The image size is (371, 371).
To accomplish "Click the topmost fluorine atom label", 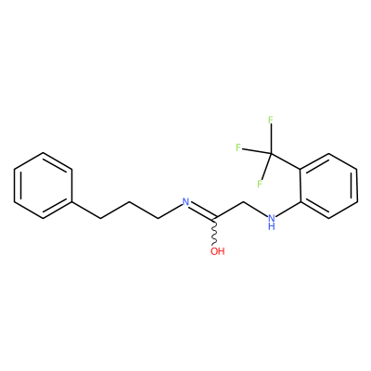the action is pyautogui.click(x=271, y=120).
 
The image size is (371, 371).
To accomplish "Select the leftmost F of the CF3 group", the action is pyautogui.click(x=238, y=147).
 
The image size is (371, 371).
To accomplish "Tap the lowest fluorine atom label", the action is pyautogui.click(x=260, y=185).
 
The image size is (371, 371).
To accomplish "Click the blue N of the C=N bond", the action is pyautogui.click(x=185, y=202).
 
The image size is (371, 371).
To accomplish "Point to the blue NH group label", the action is pyautogui.click(x=272, y=222).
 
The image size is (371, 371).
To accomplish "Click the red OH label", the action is pyautogui.click(x=218, y=251).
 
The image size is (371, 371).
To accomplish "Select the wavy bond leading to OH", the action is pyautogui.click(x=214, y=231).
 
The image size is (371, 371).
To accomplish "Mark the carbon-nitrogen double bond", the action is pyautogui.click(x=202, y=211).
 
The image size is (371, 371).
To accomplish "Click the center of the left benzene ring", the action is pyautogui.click(x=44, y=185).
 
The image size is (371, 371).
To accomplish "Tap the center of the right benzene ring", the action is pyautogui.click(x=328, y=185).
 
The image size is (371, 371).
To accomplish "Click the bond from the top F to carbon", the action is pyautogui.click(x=271, y=139).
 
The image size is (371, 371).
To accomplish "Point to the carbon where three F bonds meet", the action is pyautogui.click(x=271, y=154).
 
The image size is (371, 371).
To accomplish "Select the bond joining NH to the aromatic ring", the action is pyautogui.click(x=288, y=210).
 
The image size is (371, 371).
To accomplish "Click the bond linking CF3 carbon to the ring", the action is pyautogui.click(x=286, y=161).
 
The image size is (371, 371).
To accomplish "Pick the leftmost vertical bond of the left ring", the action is pyautogui.click(x=15, y=185).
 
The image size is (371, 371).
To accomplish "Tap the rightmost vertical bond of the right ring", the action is pyautogui.click(x=357, y=185).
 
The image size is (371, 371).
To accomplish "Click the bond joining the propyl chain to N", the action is pyautogui.click(x=170, y=211).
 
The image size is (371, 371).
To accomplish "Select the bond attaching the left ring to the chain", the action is pyautogui.click(x=86, y=211).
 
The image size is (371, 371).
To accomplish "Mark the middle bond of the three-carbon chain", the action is pyautogui.click(x=115, y=211).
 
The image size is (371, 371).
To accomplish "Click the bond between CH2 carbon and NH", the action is pyautogui.click(x=256, y=209).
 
